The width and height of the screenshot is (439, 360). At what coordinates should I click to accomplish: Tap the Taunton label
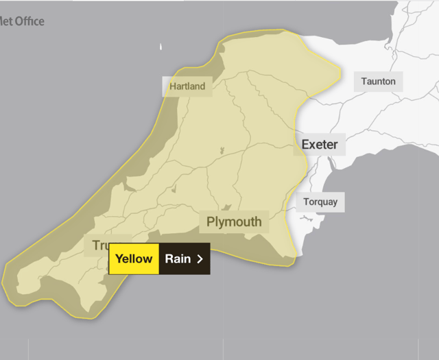click(378, 82)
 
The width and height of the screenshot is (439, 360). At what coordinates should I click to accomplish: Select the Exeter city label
click(319, 145)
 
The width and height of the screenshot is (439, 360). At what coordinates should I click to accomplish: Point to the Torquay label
click(320, 202)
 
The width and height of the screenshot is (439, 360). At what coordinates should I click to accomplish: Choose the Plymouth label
click(234, 221)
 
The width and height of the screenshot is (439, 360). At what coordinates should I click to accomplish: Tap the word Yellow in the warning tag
click(134, 259)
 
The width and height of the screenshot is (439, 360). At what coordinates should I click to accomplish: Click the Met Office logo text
click(22, 21)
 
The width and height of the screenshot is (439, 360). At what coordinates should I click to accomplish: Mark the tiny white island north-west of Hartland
click(161, 47)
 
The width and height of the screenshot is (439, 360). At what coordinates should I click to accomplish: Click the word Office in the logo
click(30, 21)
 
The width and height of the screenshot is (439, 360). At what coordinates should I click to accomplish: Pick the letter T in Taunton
click(364, 82)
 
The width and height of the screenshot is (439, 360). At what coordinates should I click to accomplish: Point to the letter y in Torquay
click(334, 203)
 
